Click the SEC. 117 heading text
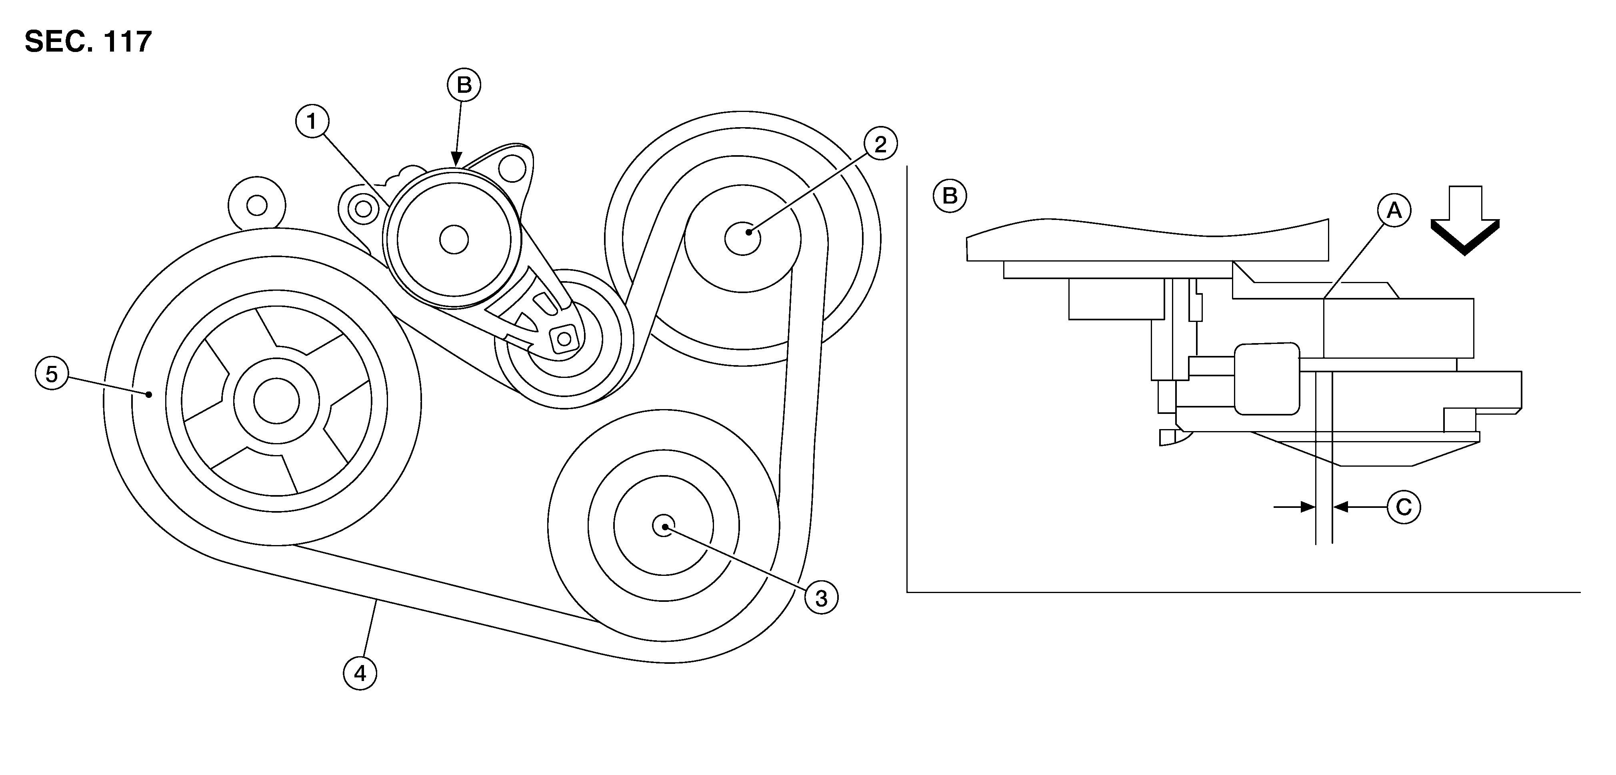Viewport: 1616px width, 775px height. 88,42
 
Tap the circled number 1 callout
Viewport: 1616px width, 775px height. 312,122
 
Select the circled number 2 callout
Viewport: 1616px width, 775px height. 880,144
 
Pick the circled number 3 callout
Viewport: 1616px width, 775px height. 821,598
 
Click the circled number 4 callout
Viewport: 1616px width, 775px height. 360,673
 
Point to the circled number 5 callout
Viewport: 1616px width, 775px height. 52,374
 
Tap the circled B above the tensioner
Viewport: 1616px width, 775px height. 464,85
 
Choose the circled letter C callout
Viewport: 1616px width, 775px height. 1403,507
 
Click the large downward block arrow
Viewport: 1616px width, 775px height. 1465,220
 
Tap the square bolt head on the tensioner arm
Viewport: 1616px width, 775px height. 563,339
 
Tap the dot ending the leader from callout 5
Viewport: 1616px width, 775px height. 149,394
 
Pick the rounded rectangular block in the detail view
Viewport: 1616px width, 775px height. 1266,379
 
